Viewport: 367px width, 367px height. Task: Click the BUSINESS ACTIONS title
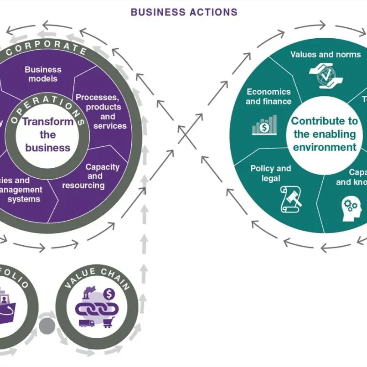(x=184, y=12)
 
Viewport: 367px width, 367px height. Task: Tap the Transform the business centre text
(x=47, y=134)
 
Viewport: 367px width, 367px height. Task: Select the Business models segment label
(x=43, y=74)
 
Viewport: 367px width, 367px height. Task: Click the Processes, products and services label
(x=104, y=111)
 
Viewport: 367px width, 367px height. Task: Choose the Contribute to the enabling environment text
(x=325, y=134)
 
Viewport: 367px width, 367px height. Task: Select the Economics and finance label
(x=268, y=97)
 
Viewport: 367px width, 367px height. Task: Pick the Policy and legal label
(x=271, y=173)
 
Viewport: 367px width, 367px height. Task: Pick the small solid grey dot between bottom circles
(x=47, y=326)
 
